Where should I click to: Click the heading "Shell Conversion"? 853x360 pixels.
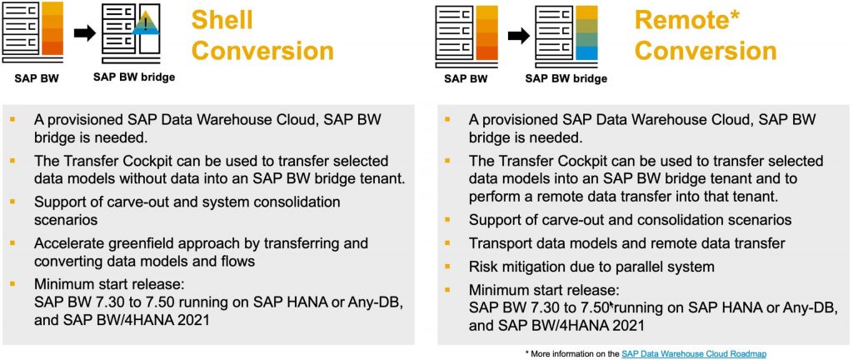262,36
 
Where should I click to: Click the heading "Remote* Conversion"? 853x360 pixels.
706,36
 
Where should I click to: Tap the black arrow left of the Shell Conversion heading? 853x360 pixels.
84,33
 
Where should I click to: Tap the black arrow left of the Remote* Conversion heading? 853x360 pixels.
518,37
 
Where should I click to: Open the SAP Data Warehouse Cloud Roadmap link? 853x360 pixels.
694,354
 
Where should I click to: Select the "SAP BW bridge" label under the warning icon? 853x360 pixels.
134,77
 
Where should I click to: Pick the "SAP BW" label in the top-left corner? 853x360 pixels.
36,77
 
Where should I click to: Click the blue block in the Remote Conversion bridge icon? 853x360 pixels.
585,53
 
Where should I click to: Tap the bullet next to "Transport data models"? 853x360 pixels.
448,243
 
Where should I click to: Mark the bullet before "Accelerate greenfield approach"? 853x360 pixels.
12,242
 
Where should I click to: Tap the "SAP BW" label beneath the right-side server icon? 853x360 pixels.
466,79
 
